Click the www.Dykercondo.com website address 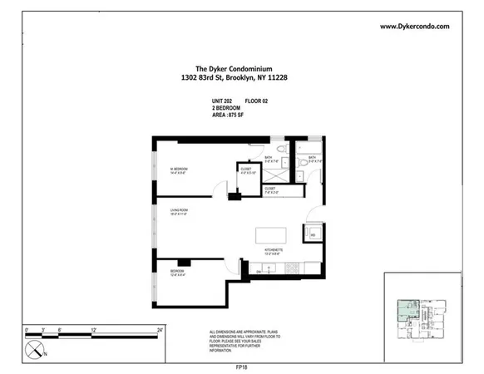point(414,27)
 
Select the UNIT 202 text point(223,101)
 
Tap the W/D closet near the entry point(313,234)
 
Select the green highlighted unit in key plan point(405,311)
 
